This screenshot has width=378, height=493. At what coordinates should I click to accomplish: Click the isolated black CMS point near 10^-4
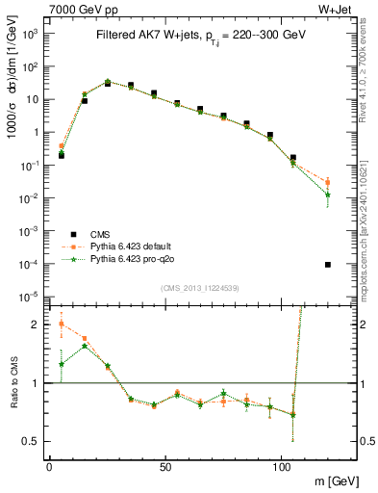click(328, 265)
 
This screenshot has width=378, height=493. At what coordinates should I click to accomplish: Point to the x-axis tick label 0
click(49, 466)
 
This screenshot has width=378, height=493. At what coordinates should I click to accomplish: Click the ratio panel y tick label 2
click(36, 324)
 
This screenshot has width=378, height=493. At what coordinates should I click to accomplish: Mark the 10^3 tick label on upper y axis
click(30, 34)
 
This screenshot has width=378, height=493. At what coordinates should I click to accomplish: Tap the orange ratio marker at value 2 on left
click(62, 324)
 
